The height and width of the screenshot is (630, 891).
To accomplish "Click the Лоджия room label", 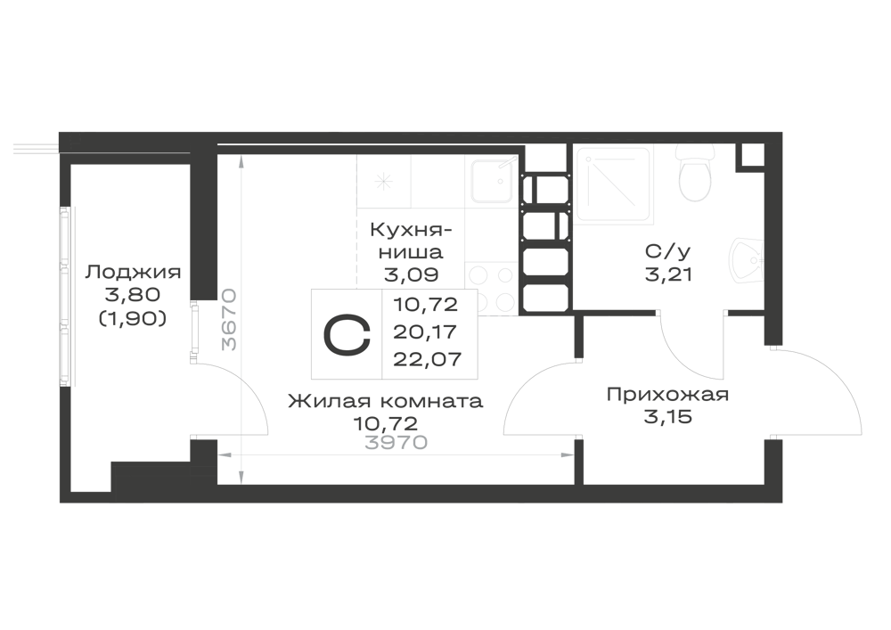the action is click(x=133, y=272).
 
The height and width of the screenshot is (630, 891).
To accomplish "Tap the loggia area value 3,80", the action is click(x=133, y=295).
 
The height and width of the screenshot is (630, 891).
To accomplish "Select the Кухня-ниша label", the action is click(x=412, y=241).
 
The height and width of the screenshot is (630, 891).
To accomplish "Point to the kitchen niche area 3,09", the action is click(x=411, y=275).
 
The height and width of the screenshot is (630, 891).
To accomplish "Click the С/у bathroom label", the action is click(x=668, y=251).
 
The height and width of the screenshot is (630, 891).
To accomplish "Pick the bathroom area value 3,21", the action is click(x=668, y=275).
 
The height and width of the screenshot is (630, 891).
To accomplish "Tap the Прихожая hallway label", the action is click(x=667, y=394).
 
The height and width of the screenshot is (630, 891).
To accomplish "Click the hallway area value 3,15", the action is click(x=667, y=418).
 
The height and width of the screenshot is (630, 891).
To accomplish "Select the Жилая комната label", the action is click(x=385, y=401).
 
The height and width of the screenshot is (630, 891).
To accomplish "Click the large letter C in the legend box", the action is click(x=347, y=334).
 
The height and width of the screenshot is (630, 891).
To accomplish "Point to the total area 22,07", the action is click(x=428, y=359).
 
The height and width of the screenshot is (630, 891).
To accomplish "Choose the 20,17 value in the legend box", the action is click(x=425, y=331).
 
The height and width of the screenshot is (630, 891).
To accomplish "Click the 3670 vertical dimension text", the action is click(x=229, y=319).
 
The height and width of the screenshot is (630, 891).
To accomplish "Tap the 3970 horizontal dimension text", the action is click(x=396, y=443).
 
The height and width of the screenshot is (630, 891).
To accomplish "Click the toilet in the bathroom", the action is click(x=695, y=173).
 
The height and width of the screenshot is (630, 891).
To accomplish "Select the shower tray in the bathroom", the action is click(x=613, y=183).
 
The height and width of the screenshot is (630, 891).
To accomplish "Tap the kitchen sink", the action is click(x=492, y=181).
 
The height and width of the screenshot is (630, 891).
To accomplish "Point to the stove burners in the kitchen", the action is click(x=492, y=288).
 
